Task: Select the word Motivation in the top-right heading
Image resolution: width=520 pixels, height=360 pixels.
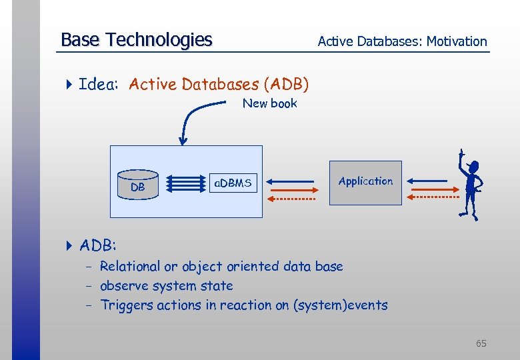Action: [457, 41]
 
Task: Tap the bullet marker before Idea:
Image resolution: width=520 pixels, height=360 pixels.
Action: [69, 85]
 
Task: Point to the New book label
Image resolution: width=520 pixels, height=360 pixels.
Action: [269, 103]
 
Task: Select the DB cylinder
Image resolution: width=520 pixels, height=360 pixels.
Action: [138, 183]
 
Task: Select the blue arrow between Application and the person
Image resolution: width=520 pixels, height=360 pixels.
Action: [427, 180]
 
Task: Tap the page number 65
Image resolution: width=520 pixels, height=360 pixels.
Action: [481, 343]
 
